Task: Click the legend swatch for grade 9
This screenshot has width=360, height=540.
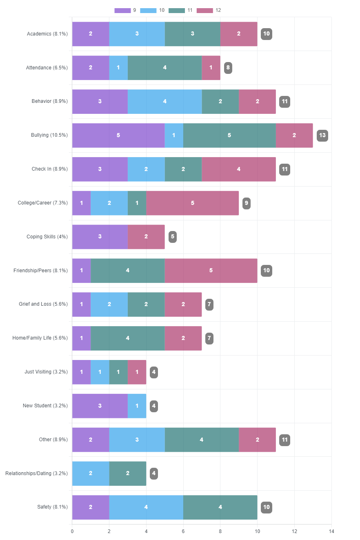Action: tap(122, 10)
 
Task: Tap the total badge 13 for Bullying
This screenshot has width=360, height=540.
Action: tap(322, 135)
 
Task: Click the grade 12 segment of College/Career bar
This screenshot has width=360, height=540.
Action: tap(192, 203)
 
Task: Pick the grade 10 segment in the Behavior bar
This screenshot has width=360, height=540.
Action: tap(164, 101)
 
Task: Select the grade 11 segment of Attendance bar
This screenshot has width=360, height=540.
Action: tap(164, 67)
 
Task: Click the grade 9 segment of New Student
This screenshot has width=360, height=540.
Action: tap(100, 406)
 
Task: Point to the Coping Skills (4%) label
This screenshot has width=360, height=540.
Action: tap(47, 237)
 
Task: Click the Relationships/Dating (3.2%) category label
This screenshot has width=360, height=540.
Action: tap(36, 473)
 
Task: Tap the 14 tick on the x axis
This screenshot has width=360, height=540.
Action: tap(331, 531)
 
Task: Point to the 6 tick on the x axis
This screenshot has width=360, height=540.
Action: tap(183, 531)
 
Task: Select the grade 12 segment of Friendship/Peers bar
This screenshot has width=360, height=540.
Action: tap(211, 271)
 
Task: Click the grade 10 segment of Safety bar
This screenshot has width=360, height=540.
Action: tap(146, 507)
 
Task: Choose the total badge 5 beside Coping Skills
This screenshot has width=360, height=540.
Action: tap(172, 237)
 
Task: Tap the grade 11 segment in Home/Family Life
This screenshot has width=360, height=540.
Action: tap(127, 338)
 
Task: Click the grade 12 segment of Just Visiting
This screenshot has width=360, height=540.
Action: tap(137, 372)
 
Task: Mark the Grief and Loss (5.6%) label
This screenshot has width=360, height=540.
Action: tap(43, 304)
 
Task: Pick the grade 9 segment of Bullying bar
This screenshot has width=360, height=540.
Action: tap(118, 135)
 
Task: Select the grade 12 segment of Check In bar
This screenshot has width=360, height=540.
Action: tap(238, 169)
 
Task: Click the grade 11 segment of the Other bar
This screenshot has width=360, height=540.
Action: tap(202, 440)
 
